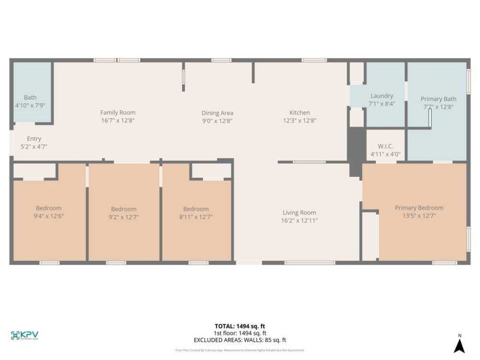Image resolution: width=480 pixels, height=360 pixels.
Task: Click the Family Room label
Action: [118, 112]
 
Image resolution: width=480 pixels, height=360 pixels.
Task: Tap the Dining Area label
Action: [217, 113]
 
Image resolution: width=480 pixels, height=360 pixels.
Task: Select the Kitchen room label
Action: [299, 112]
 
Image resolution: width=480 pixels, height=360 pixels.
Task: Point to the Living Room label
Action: [299, 212]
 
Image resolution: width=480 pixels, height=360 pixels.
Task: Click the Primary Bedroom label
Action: [419, 208]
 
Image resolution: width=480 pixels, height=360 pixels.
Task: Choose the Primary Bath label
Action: [438, 99]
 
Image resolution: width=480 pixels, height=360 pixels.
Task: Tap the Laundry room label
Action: [382, 96]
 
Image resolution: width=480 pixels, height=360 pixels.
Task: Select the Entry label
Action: [34, 139]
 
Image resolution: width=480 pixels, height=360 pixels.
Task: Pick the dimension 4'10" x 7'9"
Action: [30, 105]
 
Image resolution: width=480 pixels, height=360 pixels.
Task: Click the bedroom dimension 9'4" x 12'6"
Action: [49, 216]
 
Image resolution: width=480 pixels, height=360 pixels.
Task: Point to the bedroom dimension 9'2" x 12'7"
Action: [124, 217]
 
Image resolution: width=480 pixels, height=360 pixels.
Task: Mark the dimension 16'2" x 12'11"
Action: [299, 220]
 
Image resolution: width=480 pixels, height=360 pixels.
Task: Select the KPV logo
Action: [24, 335]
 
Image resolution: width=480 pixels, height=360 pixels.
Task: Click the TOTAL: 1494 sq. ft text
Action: [240, 326]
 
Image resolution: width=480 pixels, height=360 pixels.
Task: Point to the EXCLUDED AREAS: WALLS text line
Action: [240, 340]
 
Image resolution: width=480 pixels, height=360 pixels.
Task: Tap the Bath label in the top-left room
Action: [30, 97]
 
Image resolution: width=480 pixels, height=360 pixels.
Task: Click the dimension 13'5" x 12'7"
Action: [419, 216]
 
